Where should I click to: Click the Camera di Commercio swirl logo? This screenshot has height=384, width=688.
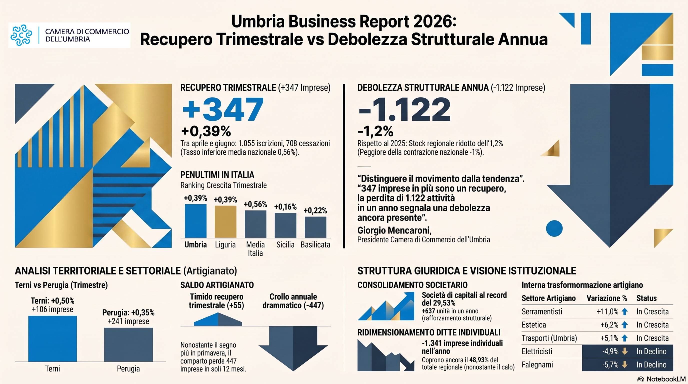pos(21,35)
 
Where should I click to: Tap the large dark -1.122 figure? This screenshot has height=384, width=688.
pos(404,109)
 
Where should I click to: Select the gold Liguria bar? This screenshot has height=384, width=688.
pos(225,222)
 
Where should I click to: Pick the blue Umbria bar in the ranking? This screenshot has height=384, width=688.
pos(195,221)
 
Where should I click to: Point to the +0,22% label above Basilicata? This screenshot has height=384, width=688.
pos(315,210)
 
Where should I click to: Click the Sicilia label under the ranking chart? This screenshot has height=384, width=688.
pos(285,244)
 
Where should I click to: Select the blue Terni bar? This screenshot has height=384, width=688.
pos(52,338)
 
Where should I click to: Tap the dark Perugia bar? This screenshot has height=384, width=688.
pos(128,344)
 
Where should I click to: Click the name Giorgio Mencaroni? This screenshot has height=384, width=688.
pos(394,230)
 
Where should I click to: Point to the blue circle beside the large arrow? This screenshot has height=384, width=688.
pos(554,228)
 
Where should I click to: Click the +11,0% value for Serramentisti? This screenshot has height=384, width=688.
pos(607,311)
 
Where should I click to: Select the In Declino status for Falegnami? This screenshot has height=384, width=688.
pos(651,364)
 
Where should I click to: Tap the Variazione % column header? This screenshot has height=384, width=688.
pos(606,298)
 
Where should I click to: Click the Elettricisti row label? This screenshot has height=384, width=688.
pos(537,351)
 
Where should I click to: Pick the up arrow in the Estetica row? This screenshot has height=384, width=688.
pos(624,325)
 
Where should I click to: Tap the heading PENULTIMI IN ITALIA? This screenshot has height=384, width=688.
pos(217,175)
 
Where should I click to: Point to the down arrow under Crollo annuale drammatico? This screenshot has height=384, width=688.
pos(293,348)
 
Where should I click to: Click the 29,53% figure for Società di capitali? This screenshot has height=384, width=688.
pos(442,303)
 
